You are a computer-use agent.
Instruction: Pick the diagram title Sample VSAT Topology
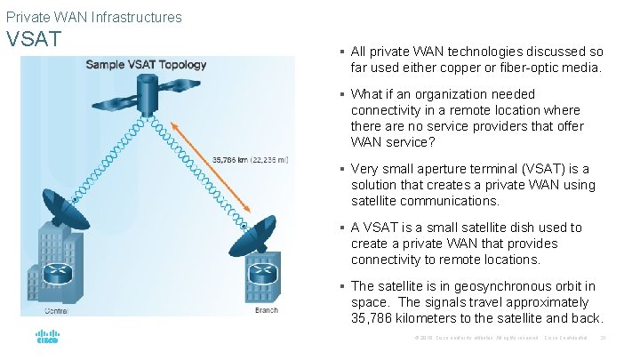point(145,65)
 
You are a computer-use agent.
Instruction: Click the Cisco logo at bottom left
point(47,339)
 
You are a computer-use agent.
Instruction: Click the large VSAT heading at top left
point(34,39)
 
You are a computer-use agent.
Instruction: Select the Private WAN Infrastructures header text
point(93,17)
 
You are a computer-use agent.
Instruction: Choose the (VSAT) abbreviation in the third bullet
point(510,169)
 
